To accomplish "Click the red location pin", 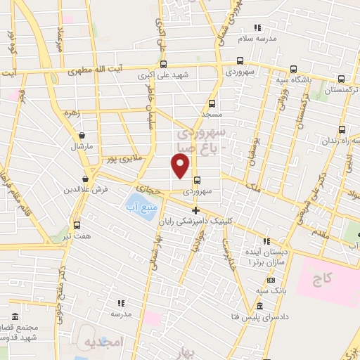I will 180,165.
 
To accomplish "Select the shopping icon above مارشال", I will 83,135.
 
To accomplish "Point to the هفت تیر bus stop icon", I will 77,226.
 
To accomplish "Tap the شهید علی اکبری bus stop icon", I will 163,63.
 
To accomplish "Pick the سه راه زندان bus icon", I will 342,130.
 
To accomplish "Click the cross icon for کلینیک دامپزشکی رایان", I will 195,210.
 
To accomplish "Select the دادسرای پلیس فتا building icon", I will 259,307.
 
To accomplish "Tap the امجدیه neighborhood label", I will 104,342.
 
